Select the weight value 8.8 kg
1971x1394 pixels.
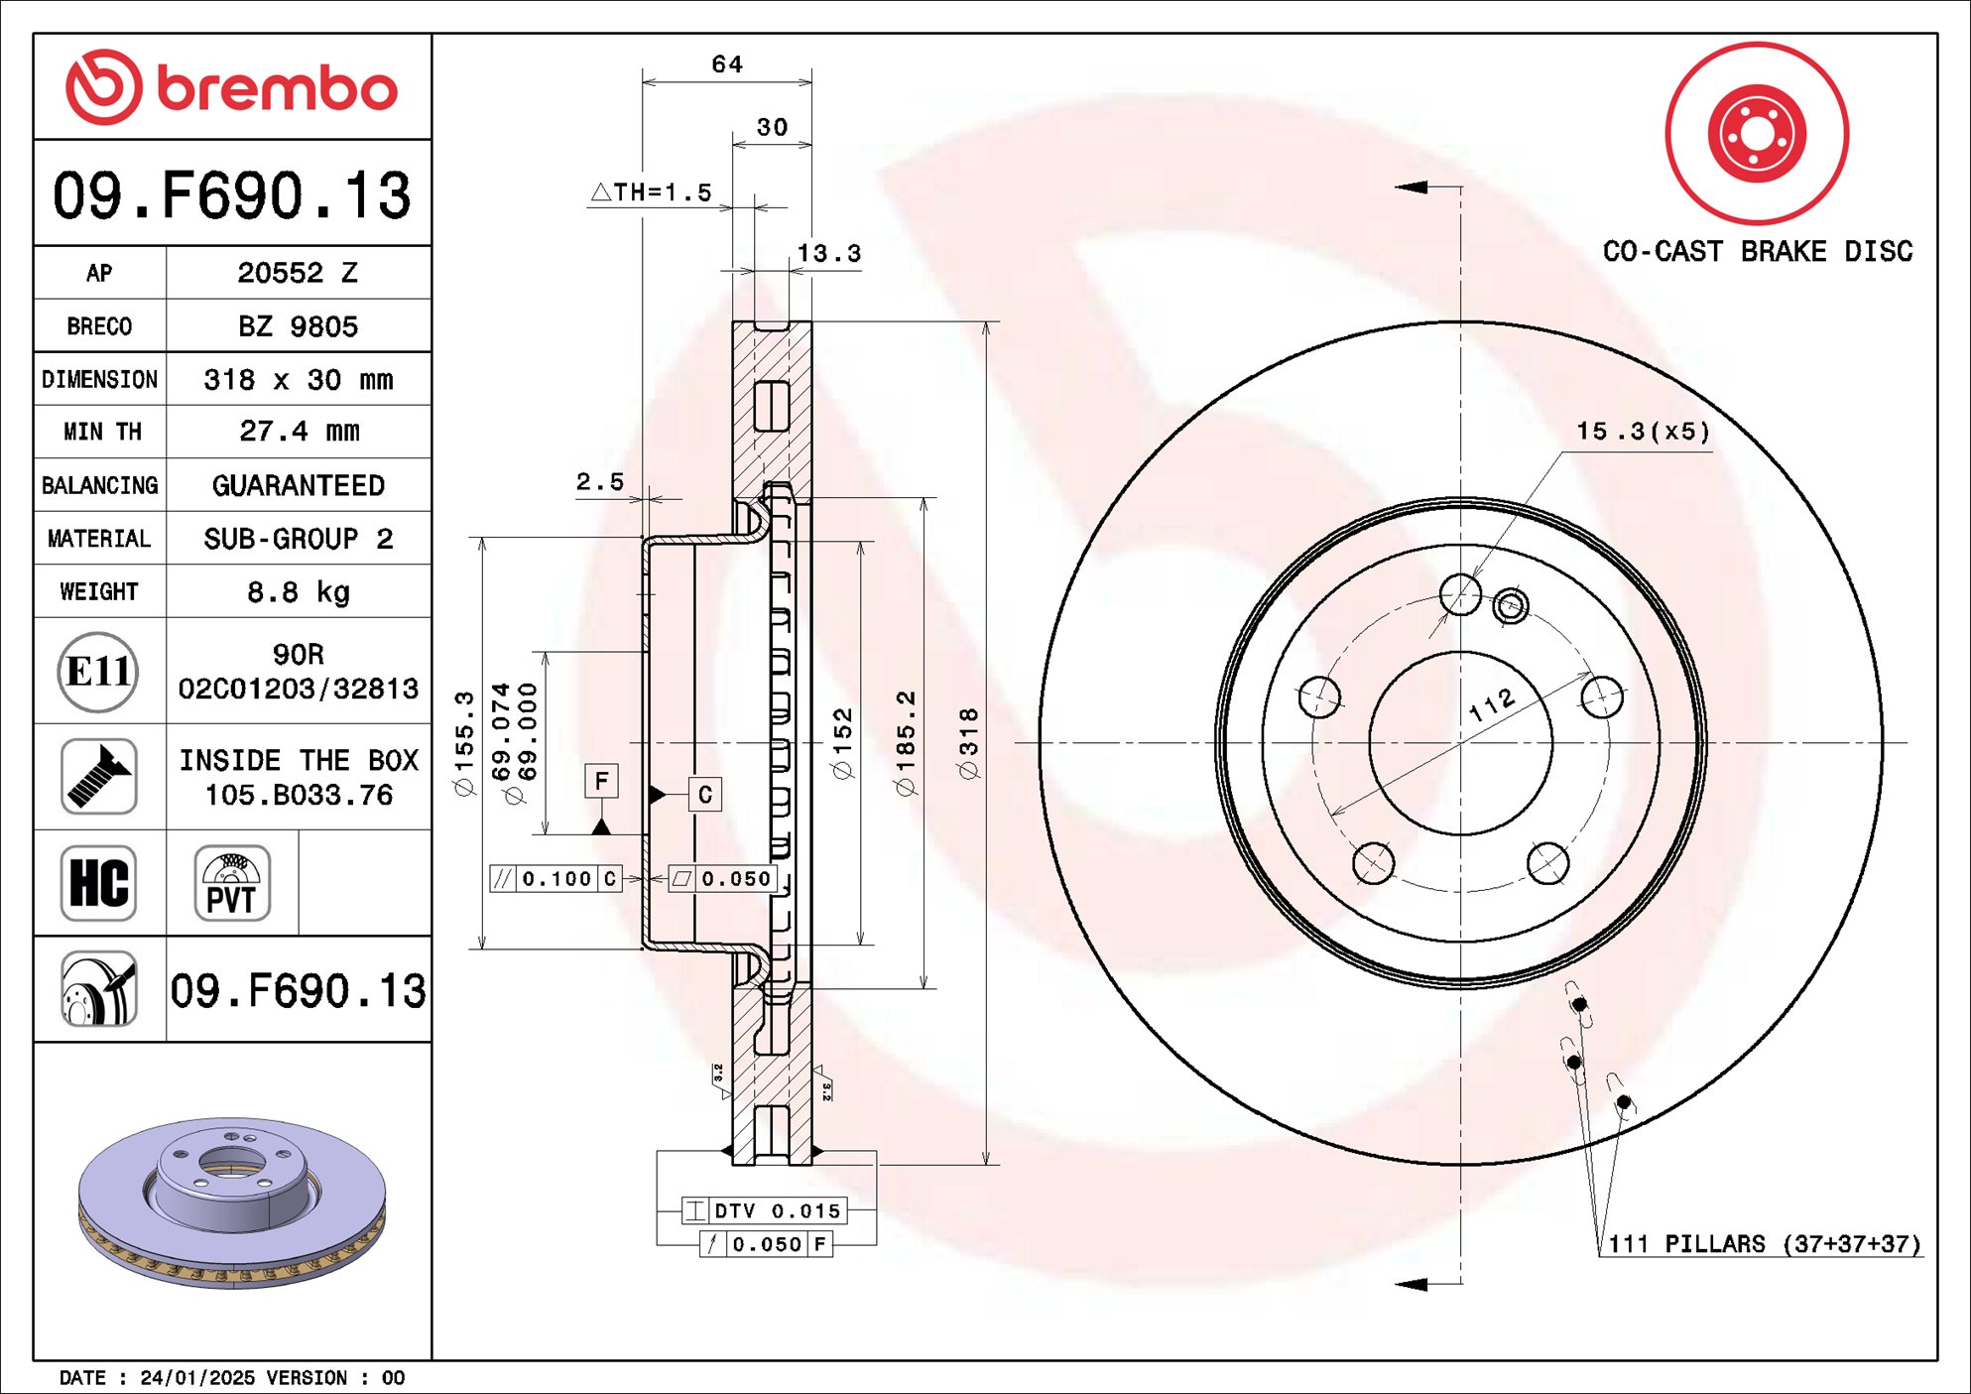tap(298, 592)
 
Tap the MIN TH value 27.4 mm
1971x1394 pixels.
tap(298, 432)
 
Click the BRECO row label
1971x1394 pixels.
tap(99, 326)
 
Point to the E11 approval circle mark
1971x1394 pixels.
tap(97, 672)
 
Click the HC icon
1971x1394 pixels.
tap(98, 883)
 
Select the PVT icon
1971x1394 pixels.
tap(231, 883)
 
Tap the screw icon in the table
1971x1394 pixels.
tap(98, 777)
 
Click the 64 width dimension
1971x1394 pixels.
tap(727, 64)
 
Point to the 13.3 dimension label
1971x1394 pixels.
tap(829, 254)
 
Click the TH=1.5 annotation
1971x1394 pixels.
tap(653, 192)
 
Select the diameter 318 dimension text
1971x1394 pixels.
tap(969, 744)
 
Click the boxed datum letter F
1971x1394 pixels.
tap(601, 781)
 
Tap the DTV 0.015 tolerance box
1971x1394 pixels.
tap(764, 1210)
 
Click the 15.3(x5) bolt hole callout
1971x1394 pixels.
tap(1643, 432)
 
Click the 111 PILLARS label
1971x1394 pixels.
tap(1763, 1244)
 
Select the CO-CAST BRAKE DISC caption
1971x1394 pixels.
tap(1757, 252)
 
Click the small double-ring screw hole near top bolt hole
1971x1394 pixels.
tap(1510, 605)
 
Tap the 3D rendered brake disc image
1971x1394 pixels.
tap(232, 1203)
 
